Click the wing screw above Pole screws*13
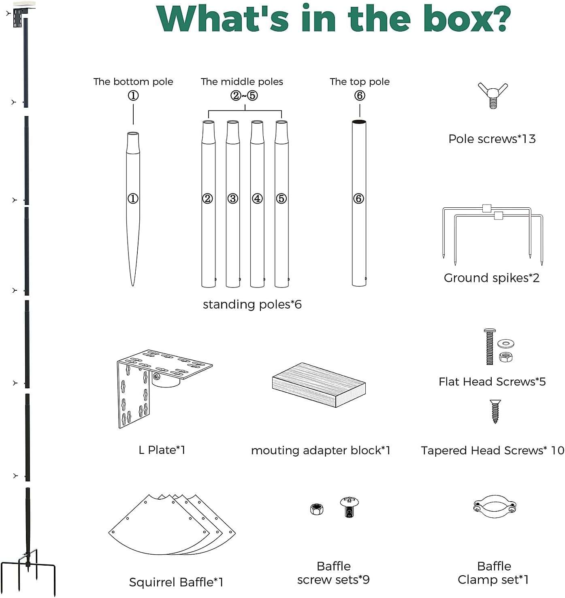coord(493,96)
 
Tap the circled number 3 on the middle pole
coord(232,198)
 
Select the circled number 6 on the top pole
coord(358,198)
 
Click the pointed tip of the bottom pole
coord(132,285)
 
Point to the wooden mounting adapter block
coord(319,385)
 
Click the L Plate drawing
coord(164,388)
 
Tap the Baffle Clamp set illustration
coord(495,506)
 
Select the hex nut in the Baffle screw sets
coord(317,509)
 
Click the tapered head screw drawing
coord(495,411)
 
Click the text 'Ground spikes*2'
coord(491,278)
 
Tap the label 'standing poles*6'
coord(252,304)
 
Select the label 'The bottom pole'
coord(133,82)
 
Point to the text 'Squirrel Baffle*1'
coord(176,582)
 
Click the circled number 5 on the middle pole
coord(281,198)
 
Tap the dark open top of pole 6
coord(359,122)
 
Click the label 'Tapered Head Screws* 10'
coord(493,450)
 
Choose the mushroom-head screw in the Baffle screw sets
coord(349,507)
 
